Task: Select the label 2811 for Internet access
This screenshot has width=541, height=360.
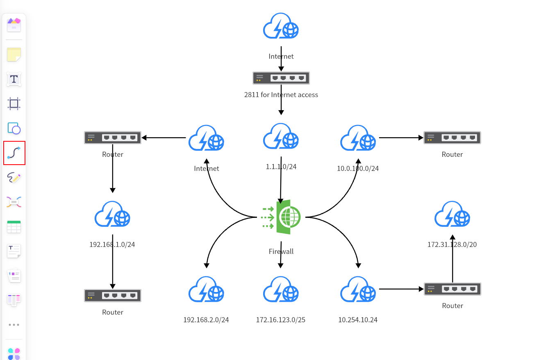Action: (281, 95)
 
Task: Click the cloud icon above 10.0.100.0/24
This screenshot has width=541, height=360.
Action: (358, 138)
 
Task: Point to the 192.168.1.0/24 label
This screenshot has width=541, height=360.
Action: (112, 245)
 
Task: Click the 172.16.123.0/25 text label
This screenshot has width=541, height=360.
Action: (281, 320)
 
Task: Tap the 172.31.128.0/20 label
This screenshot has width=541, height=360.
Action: (452, 245)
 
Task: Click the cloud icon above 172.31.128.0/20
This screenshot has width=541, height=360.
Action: (452, 214)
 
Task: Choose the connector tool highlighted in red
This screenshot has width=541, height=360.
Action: (14, 153)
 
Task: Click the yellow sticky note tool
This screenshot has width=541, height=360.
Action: (14, 54)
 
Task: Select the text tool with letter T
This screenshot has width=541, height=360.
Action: (14, 79)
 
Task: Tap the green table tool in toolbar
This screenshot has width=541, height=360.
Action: (14, 226)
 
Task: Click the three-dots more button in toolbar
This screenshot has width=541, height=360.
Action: (14, 325)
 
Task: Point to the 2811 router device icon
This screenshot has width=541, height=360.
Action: (281, 78)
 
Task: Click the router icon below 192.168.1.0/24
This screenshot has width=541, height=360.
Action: (113, 295)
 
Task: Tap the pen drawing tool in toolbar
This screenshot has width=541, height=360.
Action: (14, 177)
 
